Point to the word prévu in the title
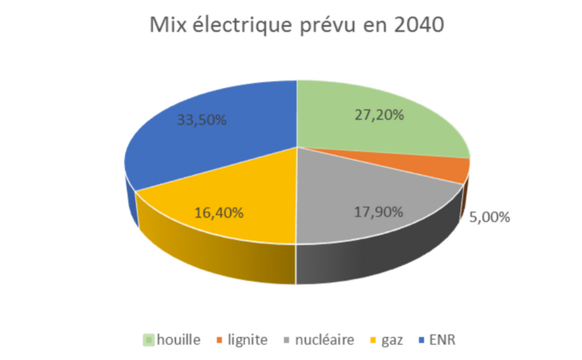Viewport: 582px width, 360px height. (x=339, y=27)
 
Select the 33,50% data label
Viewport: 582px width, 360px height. (x=202, y=120)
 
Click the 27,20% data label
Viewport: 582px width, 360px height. (x=379, y=115)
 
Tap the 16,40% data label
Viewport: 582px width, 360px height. (x=219, y=213)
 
